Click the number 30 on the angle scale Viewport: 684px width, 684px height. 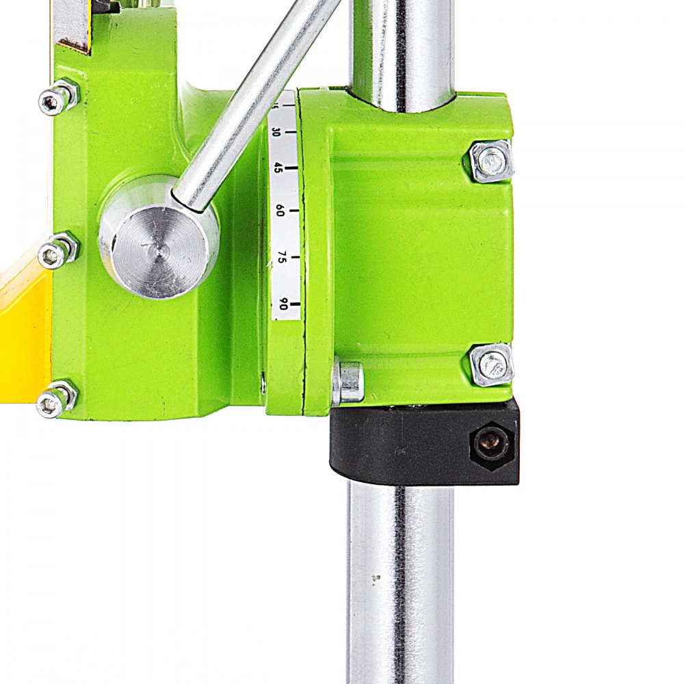[277, 132]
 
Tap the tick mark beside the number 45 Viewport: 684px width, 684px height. [292, 166]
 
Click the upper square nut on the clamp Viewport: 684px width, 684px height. [490, 161]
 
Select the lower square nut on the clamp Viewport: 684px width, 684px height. [492, 365]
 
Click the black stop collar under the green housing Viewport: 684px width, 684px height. [410, 445]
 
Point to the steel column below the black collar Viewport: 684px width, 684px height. [400, 581]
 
